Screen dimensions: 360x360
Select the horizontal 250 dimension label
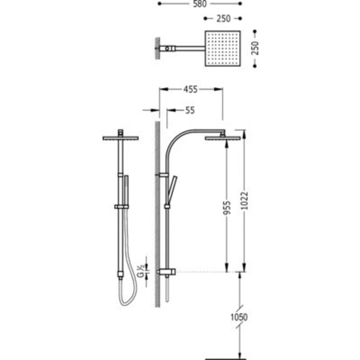click(223, 18)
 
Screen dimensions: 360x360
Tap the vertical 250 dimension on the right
click(255, 48)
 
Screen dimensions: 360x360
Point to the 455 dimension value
click(190, 90)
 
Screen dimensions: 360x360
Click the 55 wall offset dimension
click(190, 111)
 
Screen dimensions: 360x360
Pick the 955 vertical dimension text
click(226, 208)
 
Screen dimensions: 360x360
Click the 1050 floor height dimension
click(239, 317)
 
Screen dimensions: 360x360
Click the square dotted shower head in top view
click(223, 48)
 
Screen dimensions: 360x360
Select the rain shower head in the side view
click(223, 138)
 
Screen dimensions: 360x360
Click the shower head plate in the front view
click(120, 138)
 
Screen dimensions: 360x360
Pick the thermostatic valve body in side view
click(167, 272)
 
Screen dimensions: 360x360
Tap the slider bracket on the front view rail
click(121, 206)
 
